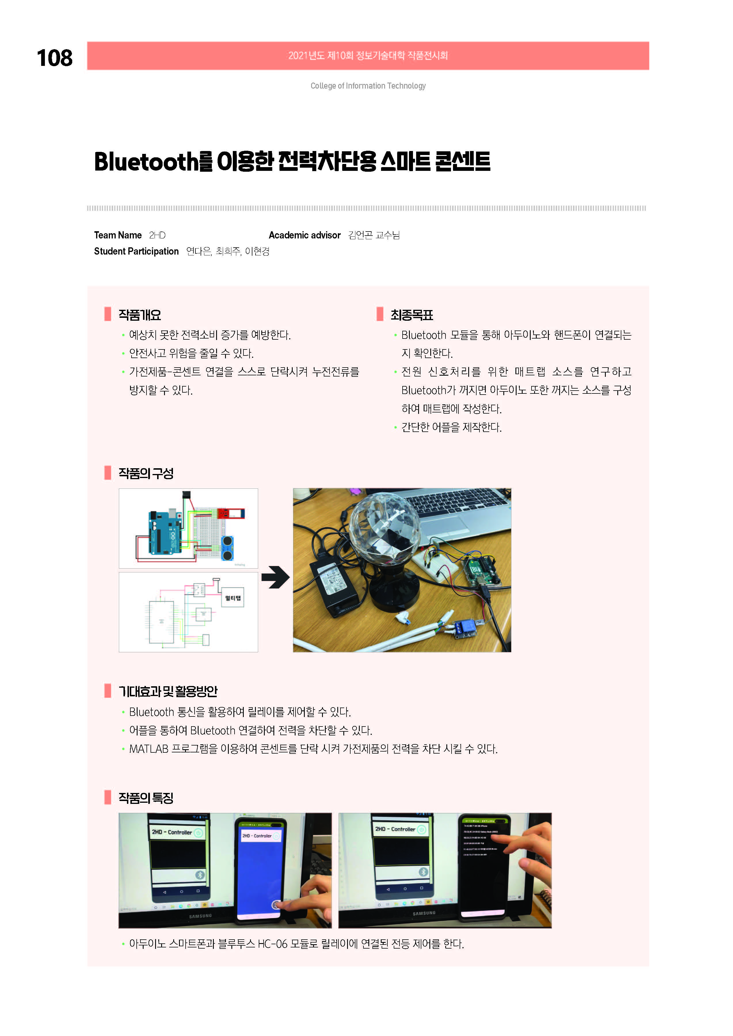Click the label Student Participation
point(136,251)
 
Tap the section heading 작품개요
point(140,315)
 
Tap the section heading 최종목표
point(411,315)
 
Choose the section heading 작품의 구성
point(146,473)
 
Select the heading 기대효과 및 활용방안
point(167,691)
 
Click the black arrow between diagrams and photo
point(275,577)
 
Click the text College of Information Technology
point(368,86)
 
